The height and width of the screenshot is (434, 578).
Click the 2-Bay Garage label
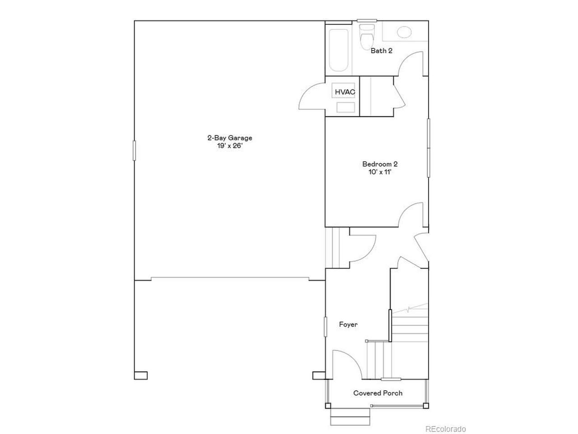click(x=230, y=138)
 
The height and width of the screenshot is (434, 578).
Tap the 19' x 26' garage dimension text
click(x=230, y=146)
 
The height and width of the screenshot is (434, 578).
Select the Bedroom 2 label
click(x=380, y=164)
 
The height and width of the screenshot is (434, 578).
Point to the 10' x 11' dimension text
click(x=380, y=172)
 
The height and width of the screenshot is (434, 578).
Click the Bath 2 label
click(x=382, y=51)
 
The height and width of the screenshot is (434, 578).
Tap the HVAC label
click(x=345, y=92)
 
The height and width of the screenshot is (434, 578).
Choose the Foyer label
click(x=348, y=325)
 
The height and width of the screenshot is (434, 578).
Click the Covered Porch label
click(x=378, y=393)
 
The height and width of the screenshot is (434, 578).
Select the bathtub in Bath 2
click(x=339, y=50)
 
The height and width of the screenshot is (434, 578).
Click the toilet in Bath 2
click(x=367, y=37)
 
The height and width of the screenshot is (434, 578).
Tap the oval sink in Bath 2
click(x=404, y=32)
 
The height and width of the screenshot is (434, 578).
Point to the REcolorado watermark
click(x=446, y=429)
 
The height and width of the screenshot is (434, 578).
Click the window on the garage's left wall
click(x=134, y=151)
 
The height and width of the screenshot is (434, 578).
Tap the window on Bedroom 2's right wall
click(x=429, y=148)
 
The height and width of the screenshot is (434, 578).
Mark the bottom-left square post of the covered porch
click(x=328, y=406)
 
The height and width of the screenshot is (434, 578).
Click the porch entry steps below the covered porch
click(x=350, y=417)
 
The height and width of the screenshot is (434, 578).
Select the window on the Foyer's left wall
click(x=326, y=327)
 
